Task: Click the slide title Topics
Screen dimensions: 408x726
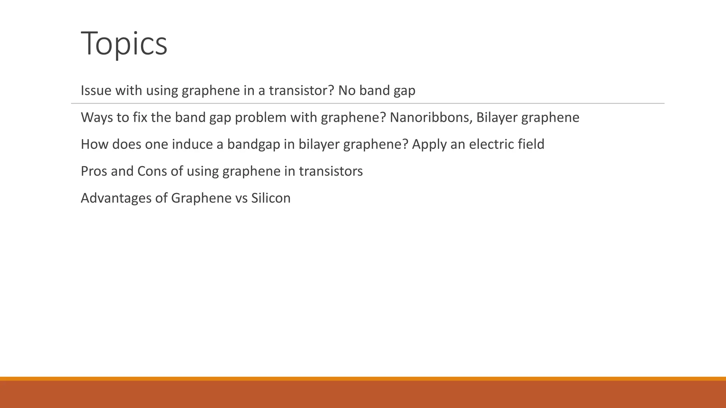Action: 124,44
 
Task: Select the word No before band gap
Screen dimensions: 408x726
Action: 347,91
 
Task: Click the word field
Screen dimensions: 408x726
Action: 531,144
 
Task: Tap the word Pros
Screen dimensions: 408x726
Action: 93,171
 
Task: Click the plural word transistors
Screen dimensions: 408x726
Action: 331,171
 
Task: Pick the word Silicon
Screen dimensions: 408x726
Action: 271,198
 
